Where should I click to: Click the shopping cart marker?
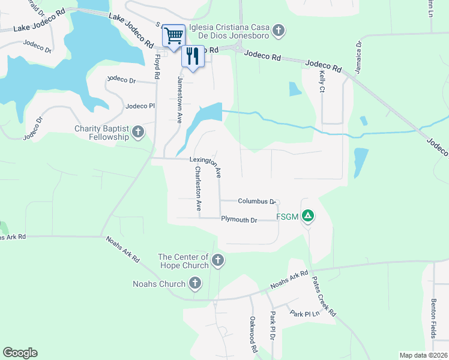point(173,35)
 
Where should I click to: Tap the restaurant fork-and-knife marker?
point(192,57)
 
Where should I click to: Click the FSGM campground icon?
point(308,215)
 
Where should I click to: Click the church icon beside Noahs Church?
point(194,283)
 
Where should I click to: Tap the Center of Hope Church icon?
point(218,260)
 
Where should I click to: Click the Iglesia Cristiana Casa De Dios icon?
point(278,30)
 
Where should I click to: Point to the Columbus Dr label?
point(256,202)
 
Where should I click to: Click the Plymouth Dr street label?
point(239,220)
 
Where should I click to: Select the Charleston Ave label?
point(197,188)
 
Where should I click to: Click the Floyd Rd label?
point(158,67)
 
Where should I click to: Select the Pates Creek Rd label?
point(323,296)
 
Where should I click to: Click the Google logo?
point(20,353)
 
